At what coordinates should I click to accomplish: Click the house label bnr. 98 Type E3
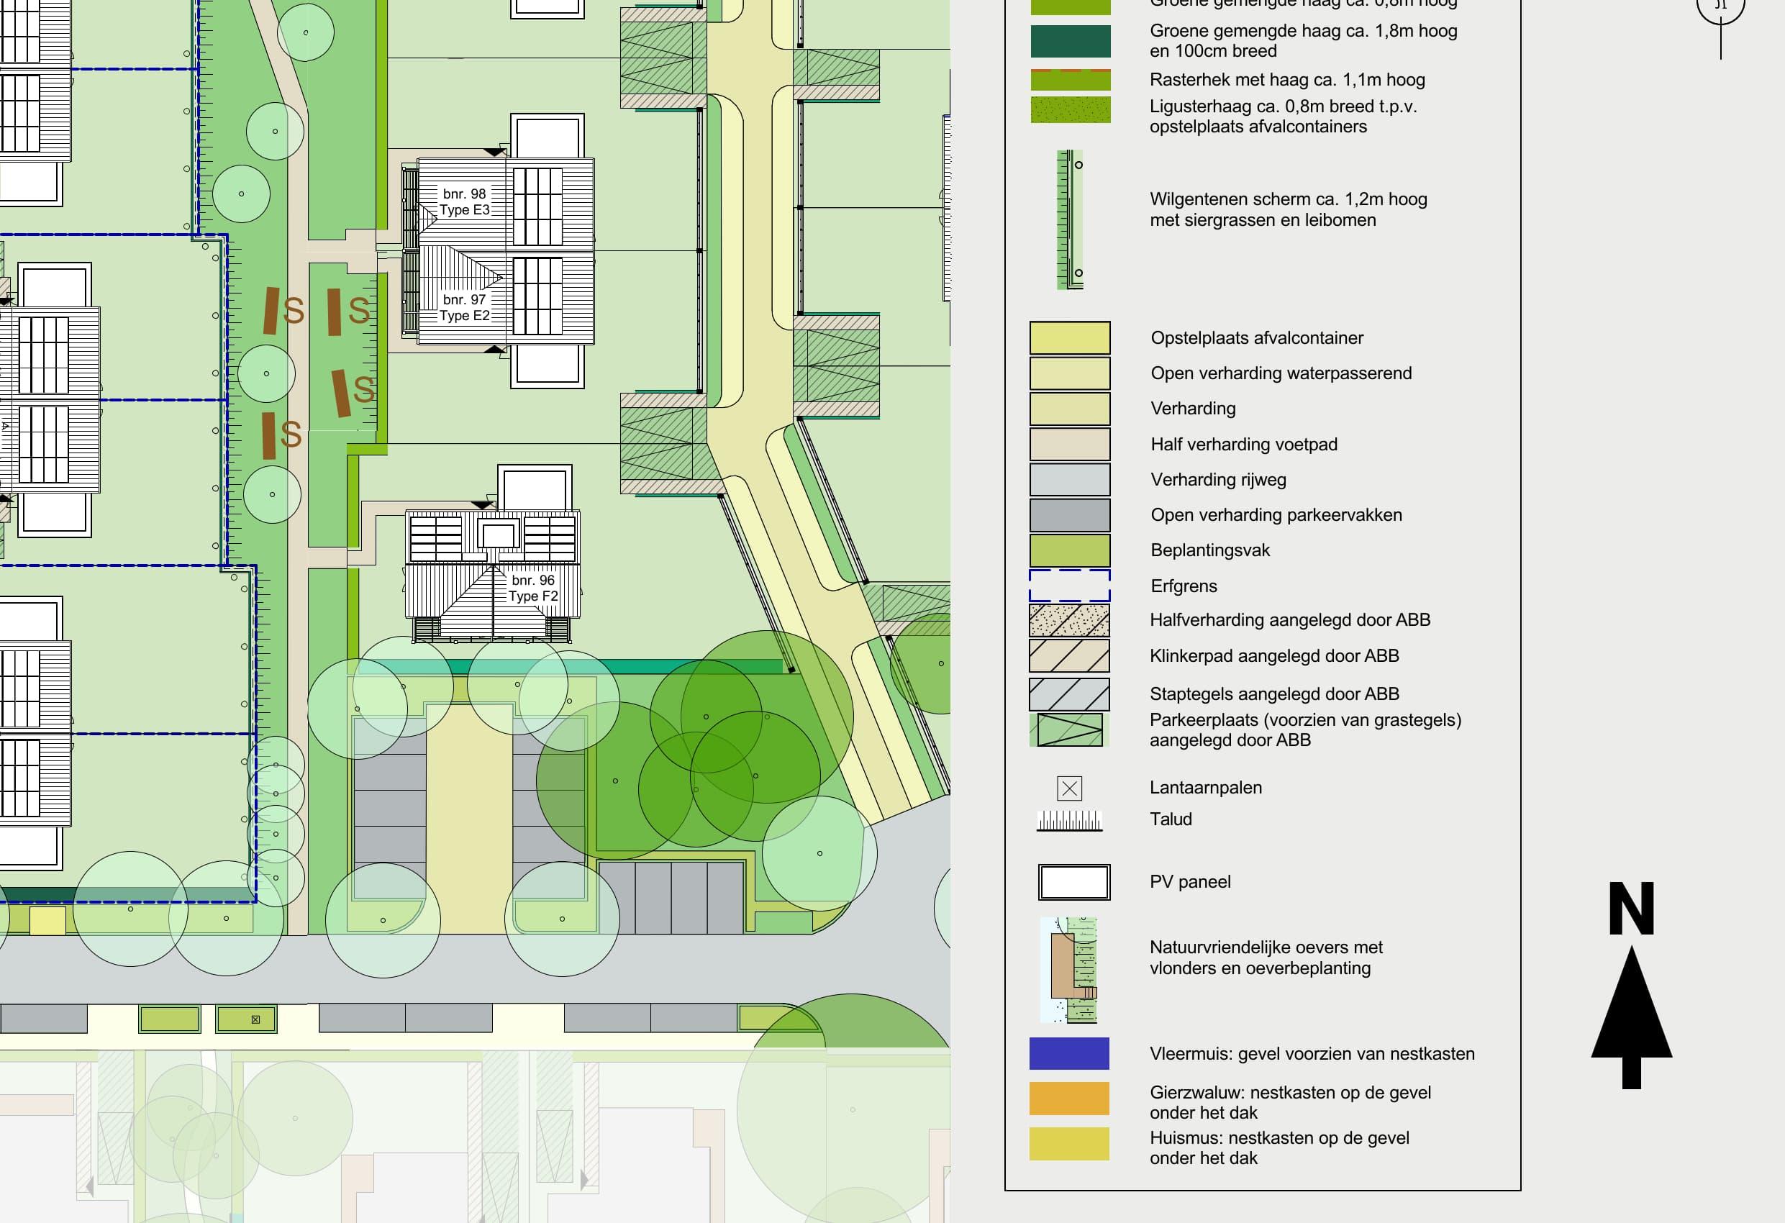(464, 202)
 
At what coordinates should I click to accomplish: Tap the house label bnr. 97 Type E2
(464, 307)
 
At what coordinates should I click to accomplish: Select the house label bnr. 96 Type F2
(533, 588)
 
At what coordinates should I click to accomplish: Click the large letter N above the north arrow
(1631, 909)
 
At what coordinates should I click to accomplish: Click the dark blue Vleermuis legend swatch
(1069, 1053)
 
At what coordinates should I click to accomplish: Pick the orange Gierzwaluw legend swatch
(1069, 1098)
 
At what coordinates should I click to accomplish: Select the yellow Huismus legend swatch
(1069, 1144)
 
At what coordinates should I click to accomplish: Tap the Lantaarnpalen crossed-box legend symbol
(1069, 788)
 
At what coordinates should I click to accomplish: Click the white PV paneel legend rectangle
(1073, 882)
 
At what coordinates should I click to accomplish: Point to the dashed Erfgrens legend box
(1069, 586)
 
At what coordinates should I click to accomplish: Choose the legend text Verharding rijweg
(1218, 480)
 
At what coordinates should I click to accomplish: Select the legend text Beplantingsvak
(1209, 550)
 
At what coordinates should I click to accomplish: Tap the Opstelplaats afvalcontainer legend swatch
(1069, 338)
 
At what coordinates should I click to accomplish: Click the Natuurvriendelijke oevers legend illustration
(1069, 970)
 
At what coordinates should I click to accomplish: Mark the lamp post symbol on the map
(255, 1019)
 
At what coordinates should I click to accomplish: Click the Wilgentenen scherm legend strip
(1070, 219)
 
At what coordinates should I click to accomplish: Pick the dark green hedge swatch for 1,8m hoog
(1069, 42)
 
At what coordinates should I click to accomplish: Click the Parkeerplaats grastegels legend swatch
(1069, 729)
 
